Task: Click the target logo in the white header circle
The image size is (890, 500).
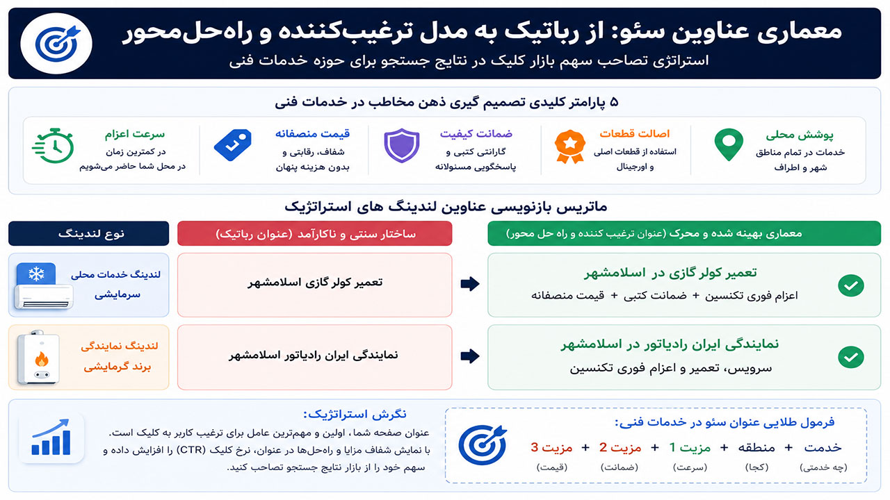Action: [x=57, y=43]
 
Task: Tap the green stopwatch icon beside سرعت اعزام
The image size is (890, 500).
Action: [x=53, y=146]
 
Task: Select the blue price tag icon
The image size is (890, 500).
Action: [x=233, y=145]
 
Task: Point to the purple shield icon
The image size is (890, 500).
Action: [x=402, y=145]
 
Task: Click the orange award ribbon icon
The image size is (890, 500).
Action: [x=569, y=147]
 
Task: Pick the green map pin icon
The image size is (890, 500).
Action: [x=729, y=144]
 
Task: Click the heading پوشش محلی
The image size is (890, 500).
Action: [x=800, y=135]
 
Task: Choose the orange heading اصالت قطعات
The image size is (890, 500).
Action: [x=635, y=134]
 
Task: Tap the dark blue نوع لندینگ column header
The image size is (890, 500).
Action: [x=88, y=233]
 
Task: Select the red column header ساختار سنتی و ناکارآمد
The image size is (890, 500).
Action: [x=315, y=233]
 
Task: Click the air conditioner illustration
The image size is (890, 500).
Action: [x=43, y=285]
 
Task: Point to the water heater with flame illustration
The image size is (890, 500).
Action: [x=38, y=358]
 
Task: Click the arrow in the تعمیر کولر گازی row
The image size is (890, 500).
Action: [x=470, y=284]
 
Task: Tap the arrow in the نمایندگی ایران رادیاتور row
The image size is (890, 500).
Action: [x=470, y=356]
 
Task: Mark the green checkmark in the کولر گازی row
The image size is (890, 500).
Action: [x=850, y=285]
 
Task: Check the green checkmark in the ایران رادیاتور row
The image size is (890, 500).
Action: [x=850, y=357]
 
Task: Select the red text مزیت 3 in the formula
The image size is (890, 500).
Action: [x=551, y=448]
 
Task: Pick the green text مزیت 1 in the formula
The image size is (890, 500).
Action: [x=690, y=448]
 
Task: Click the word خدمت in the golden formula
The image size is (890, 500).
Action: [x=823, y=448]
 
